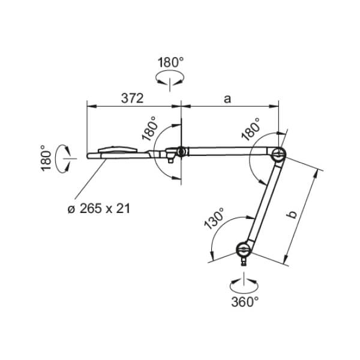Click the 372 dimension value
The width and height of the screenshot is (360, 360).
[132, 98]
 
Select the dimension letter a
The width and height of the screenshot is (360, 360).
[227, 99]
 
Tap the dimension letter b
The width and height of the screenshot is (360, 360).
[292, 214]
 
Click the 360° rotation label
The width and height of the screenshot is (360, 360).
[245, 302]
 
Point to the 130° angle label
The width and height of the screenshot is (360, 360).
[214, 218]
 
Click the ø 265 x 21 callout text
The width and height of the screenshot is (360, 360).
[99, 209]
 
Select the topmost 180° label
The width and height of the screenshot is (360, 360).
[170, 62]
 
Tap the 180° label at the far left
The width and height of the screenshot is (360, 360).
[46, 158]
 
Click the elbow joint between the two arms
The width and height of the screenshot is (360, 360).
[278, 154]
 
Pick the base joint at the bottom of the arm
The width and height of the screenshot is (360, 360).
[244, 249]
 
